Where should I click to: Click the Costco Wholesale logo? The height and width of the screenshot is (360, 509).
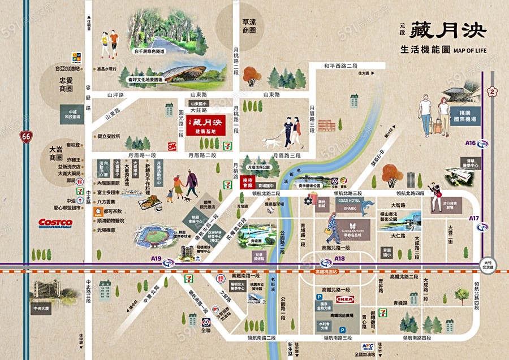pos(55,223)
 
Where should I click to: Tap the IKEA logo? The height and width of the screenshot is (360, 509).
pos(345,298)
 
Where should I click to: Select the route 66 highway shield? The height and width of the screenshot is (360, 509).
pos(25,136)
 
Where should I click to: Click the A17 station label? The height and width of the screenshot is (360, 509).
pos(475,218)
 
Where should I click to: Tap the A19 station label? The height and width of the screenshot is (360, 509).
pos(156,259)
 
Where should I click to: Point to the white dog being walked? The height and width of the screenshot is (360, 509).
pos(271,143)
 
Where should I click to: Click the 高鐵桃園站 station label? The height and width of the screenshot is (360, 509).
pos(325,272)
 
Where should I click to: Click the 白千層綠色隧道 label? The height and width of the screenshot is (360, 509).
pos(149,51)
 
